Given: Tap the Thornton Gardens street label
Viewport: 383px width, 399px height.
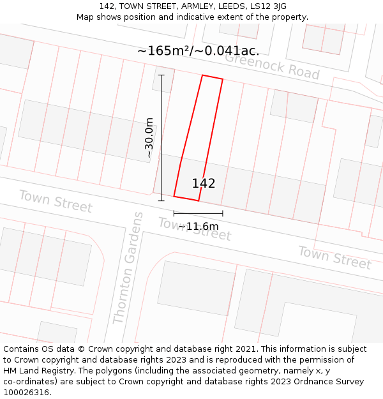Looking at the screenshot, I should [x=128, y=268].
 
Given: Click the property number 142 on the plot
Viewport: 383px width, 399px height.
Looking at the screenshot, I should [x=204, y=184].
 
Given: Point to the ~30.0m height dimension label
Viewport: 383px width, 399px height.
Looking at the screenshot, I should [x=149, y=137].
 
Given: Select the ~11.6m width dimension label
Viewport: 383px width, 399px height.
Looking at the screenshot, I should [x=198, y=226].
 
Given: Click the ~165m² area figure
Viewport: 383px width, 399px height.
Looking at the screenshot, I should [x=163, y=50].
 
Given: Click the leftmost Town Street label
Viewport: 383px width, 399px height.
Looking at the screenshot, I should [x=56, y=201].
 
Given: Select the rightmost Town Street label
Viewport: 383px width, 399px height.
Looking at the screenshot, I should [x=334, y=257].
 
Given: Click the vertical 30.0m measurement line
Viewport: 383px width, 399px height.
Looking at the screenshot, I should [x=161, y=137].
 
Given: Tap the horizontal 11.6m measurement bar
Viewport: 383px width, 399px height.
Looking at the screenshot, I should [x=198, y=213].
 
